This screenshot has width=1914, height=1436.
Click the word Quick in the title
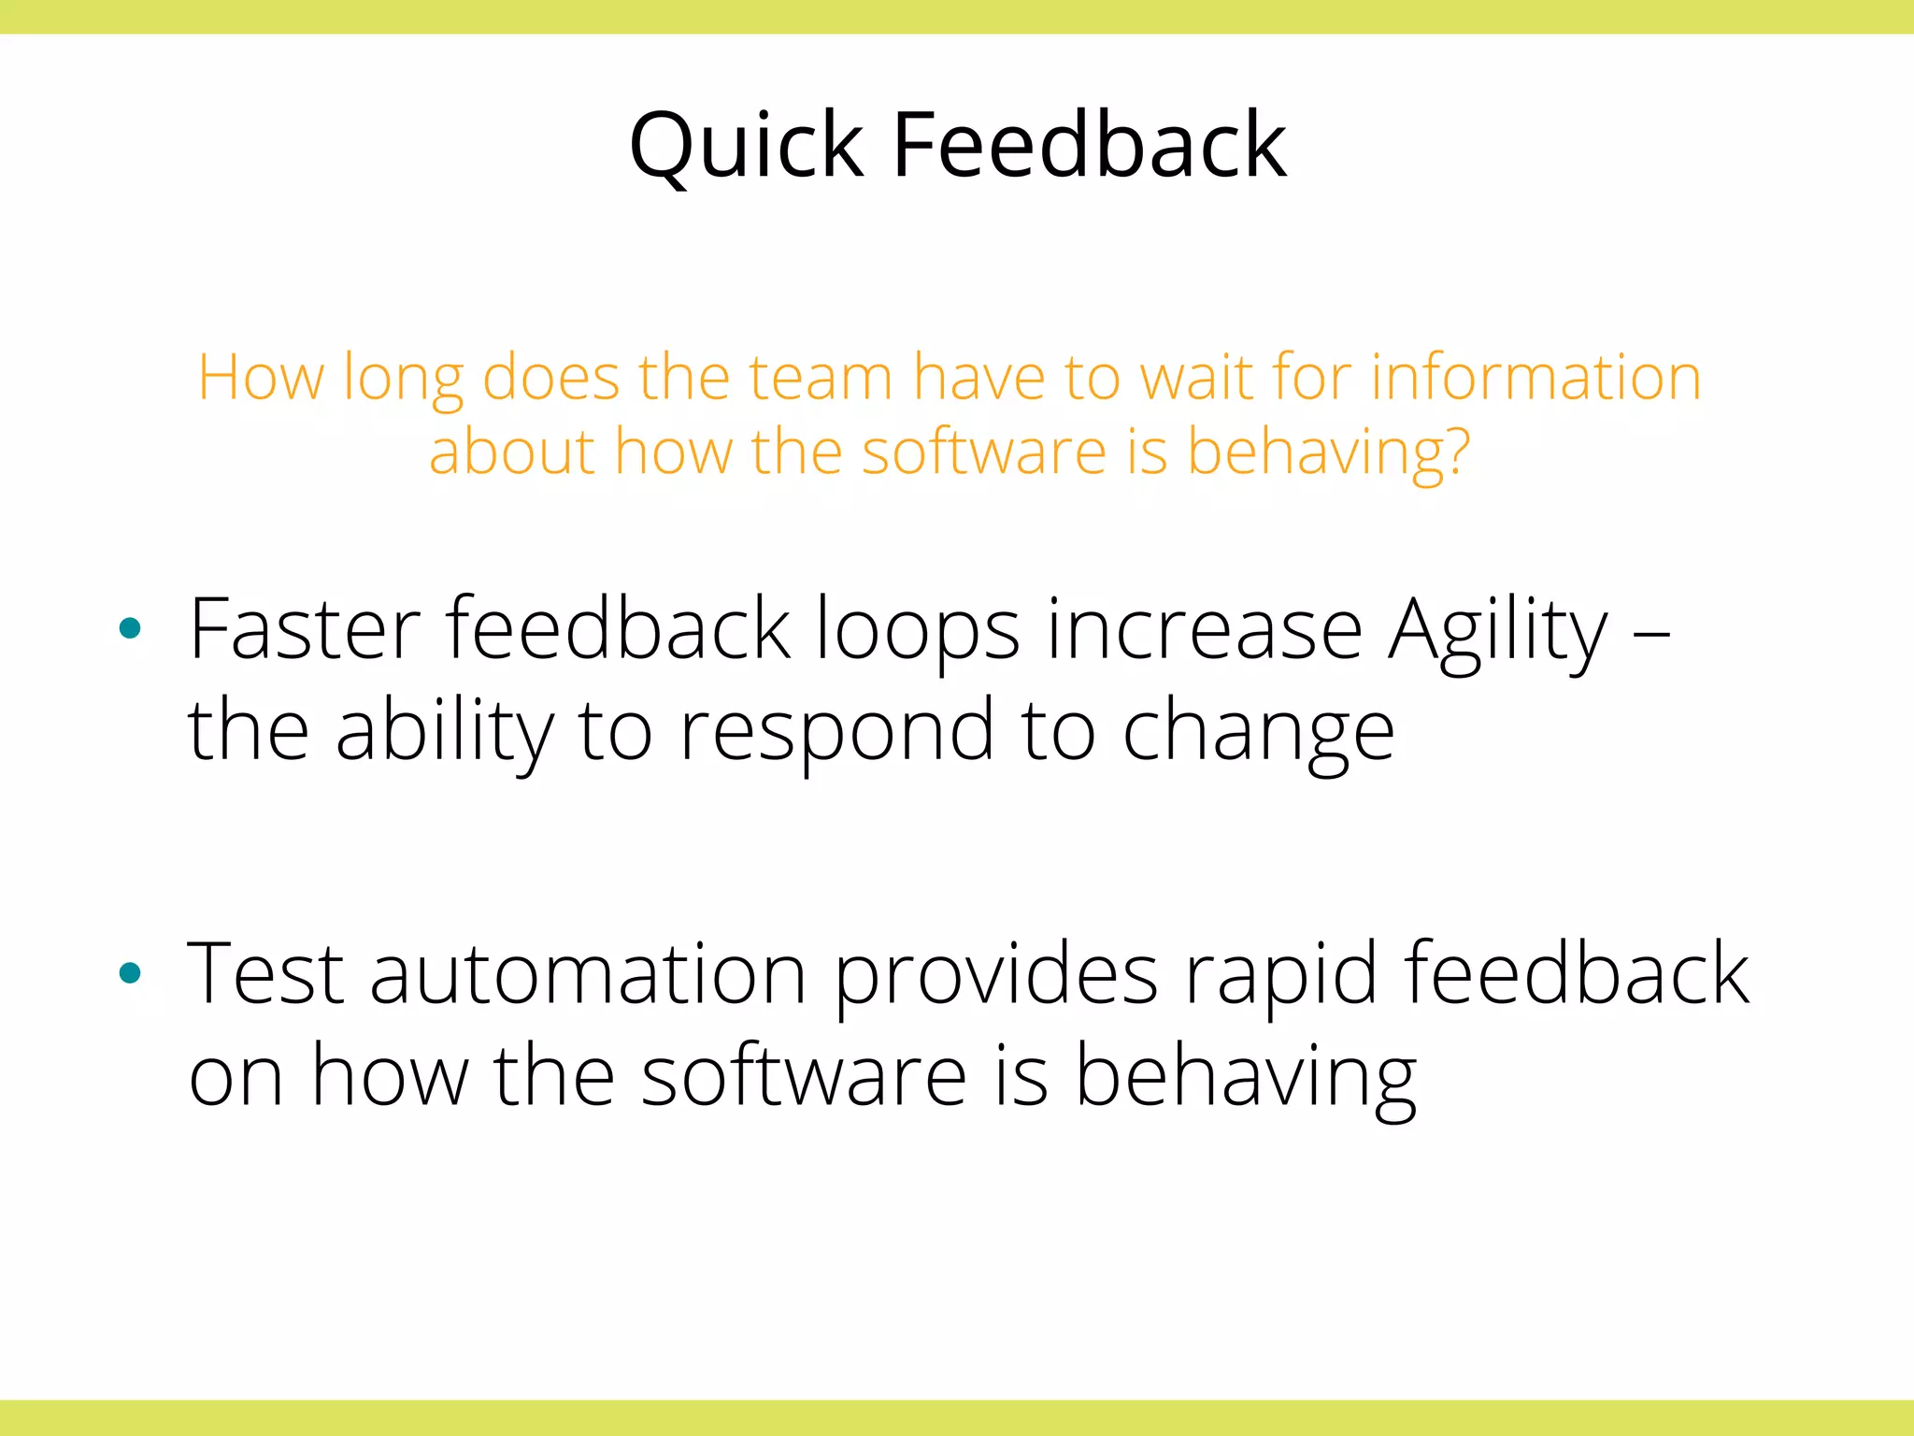click(746, 146)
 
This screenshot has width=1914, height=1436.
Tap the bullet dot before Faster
click(131, 628)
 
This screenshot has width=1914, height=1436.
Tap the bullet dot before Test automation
click(131, 974)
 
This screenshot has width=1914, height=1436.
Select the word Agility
click(1498, 632)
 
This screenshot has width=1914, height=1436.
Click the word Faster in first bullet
click(305, 630)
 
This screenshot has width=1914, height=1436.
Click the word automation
click(588, 975)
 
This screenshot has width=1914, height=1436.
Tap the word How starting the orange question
click(261, 378)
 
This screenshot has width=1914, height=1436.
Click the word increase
click(1204, 632)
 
